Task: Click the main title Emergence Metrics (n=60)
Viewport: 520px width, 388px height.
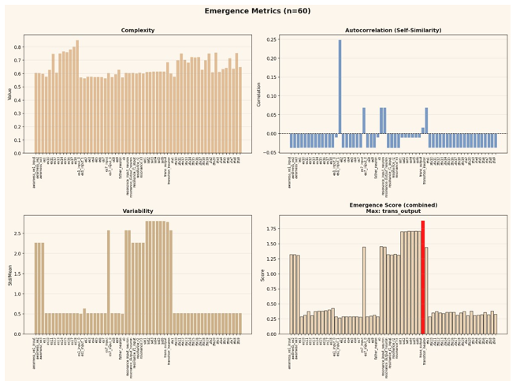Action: (259, 11)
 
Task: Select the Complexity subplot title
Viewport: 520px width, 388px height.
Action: (137, 31)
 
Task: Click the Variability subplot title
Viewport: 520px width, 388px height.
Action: (137, 211)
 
